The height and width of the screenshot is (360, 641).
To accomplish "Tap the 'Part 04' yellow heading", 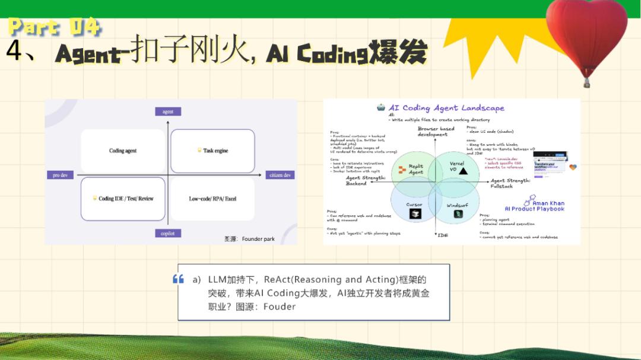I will [x=55, y=27].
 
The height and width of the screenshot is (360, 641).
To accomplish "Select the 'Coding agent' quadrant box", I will [x=123, y=151].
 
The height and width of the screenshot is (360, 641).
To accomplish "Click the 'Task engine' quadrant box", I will [x=212, y=151].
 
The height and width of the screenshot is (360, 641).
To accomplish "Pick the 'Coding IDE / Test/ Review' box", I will [x=123, y=199].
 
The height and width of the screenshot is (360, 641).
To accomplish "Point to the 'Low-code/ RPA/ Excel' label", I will [x=212, y=199].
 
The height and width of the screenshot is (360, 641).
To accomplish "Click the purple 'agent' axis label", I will [x=168, y=111].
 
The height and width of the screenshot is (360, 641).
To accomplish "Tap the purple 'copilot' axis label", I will [x=168, y=233].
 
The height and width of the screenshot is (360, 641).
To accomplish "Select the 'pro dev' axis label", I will [x=61, y=175].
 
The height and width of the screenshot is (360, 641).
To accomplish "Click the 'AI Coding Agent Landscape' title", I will [x=446, y=108].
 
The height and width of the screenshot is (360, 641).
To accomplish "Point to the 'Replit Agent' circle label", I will [x=415, y=169].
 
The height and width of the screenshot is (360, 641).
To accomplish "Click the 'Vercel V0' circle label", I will [x=457, y=167].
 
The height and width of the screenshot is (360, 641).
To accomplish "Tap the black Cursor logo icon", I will [x=414, y=215].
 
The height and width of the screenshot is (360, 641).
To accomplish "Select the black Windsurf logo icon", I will [x=458, y=214].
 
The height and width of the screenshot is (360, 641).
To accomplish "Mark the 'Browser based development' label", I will [x=436, y=131].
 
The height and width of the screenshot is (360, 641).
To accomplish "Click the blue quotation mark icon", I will [x=178, y=279].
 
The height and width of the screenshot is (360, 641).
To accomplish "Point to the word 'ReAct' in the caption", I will [x=277, y=279].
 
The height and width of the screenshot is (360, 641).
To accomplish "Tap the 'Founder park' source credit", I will [x=258, y=239].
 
